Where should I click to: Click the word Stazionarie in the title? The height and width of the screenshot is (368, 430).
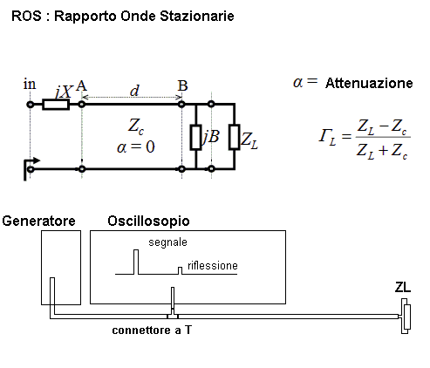click(197, 16)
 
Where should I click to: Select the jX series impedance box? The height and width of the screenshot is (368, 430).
click(56, 105)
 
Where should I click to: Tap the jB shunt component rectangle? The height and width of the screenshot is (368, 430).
click(196, 138)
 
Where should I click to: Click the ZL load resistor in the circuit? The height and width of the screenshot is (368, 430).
click(235, 137)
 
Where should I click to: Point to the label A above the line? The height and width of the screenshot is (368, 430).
click(81, 85)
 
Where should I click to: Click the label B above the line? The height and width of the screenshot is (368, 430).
click(182, 85)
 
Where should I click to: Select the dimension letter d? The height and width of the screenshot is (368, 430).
click(134, 91)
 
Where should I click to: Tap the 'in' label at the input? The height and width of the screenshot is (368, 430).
click(30, 85)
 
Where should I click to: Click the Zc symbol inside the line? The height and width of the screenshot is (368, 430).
click(136, 126)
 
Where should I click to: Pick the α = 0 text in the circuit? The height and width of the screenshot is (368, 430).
click(135, 147)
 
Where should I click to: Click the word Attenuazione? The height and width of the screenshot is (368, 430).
click(369, 83)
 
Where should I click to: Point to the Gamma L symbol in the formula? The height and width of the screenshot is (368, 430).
click(327, 137)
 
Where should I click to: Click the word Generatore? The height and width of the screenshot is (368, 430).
click(38, 221)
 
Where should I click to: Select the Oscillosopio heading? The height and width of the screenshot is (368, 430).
click(148, 221)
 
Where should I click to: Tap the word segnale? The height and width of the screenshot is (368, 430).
click(167, 242)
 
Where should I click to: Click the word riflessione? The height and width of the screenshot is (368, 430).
click(213, 266)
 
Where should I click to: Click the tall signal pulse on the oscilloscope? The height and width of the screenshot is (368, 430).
click(136, 262)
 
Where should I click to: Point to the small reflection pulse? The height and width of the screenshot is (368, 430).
click(181, 271)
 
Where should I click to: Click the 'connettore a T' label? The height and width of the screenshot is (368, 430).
click(152, 331)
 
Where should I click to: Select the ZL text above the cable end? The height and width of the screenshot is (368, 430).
click(403, 288)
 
